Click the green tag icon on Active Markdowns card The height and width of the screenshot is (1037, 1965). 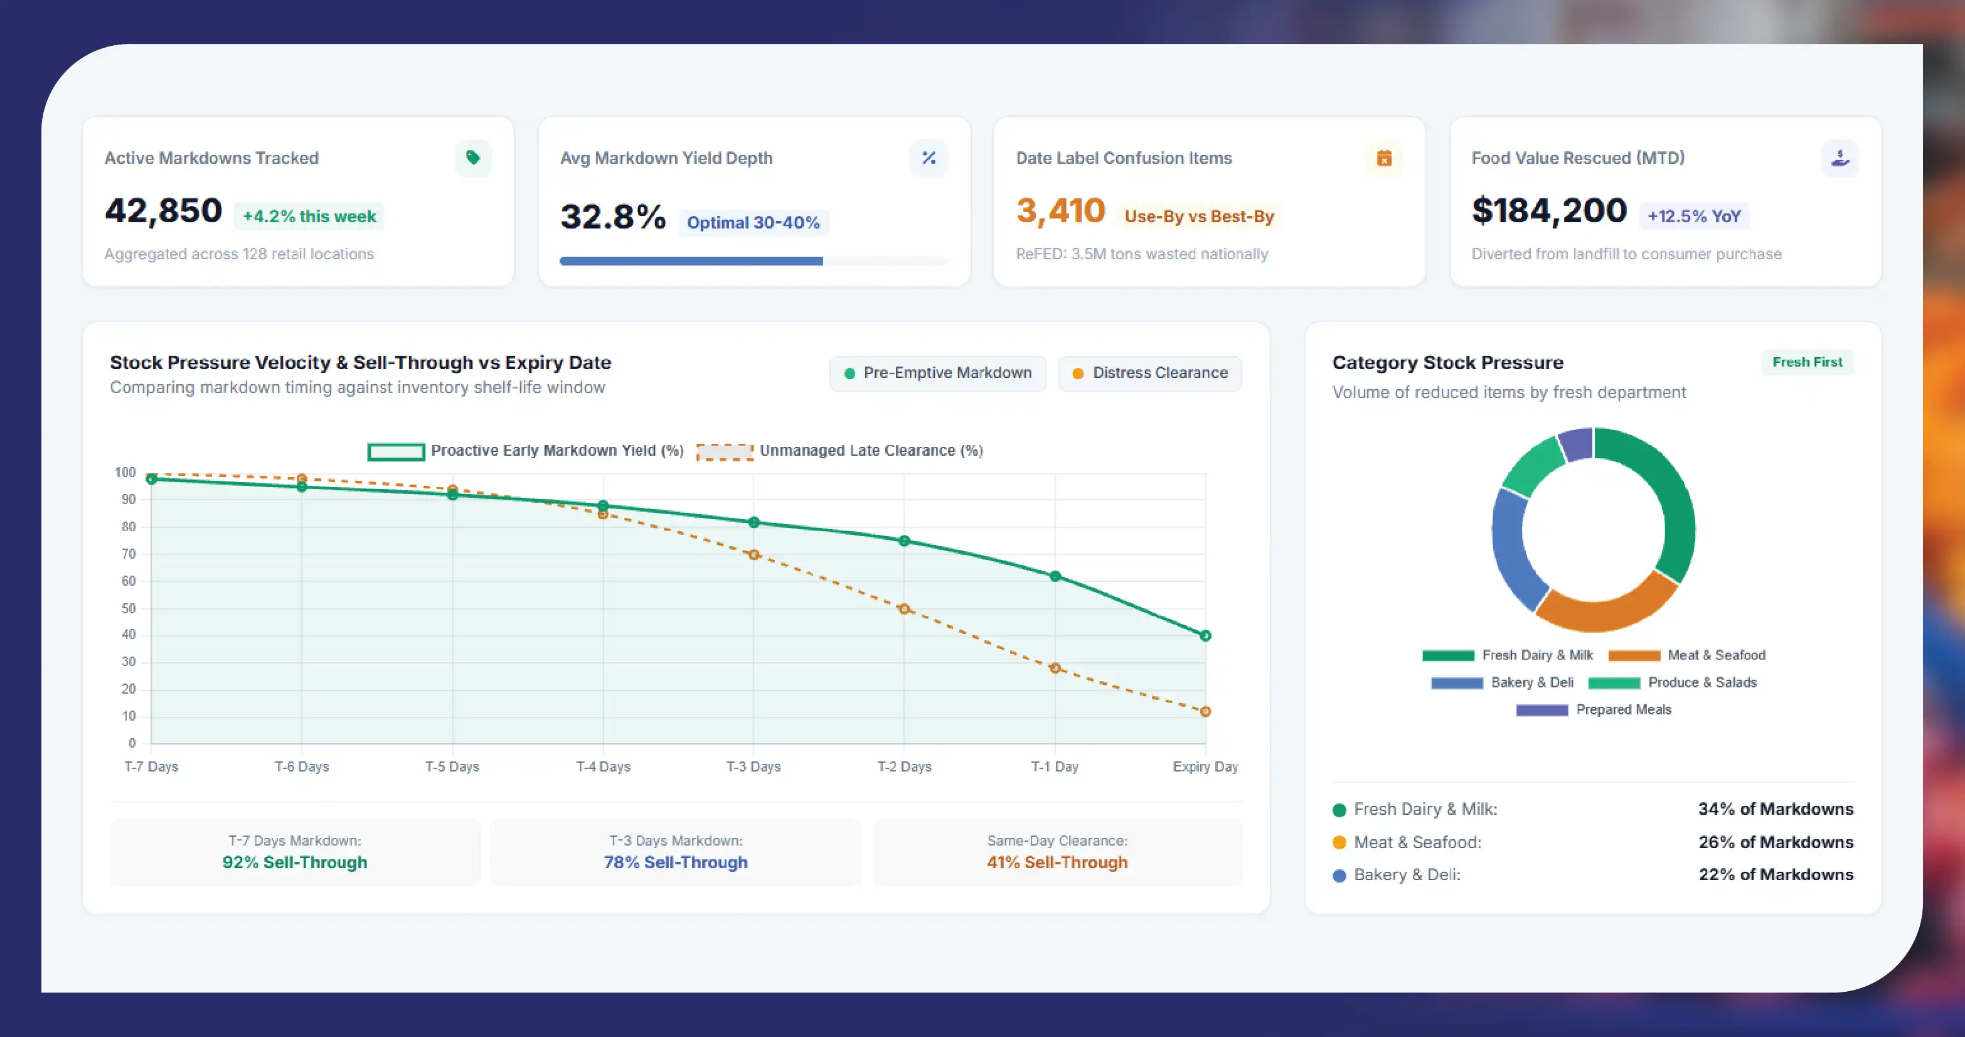point(473,158)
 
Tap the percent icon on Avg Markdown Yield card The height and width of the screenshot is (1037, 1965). point(929,158)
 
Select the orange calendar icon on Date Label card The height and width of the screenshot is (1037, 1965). point(1384,158)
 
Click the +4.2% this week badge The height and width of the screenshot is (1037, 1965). point(309,217)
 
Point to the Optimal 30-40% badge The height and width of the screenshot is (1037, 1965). point(754,223)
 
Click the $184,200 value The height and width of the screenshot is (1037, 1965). point(1548,211)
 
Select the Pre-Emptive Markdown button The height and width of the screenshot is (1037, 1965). point(937,373)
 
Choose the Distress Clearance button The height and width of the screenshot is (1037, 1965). point(1149,373)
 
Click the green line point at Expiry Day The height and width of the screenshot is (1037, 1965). point(1205,636)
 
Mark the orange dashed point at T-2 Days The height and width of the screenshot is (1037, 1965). point(904,609)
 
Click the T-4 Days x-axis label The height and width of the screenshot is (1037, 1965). point(604,766)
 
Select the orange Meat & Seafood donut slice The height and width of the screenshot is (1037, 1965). point(1605,606)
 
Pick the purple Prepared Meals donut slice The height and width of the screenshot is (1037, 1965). point(1575,444)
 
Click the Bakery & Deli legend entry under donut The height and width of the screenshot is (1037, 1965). point(1502,682)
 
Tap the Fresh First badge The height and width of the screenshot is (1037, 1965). point(1807,362)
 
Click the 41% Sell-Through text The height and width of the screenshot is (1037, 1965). point(1057,862)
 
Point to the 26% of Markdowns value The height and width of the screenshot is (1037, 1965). point(1776,842)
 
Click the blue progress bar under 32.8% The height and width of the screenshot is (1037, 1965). point(691,261)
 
